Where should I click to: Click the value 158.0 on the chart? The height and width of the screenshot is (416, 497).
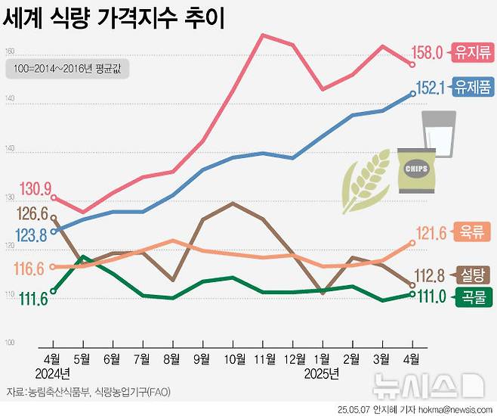[x=431, y=53]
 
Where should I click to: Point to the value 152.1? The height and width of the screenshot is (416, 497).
[x=432, y=88]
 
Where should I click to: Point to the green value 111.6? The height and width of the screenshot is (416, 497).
[x=34, y=300]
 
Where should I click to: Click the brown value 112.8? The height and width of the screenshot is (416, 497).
[x=435, y=275]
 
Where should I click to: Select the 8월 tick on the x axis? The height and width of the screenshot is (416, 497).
[x=172, y=357]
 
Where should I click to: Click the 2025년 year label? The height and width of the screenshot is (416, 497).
[x=321, y=373]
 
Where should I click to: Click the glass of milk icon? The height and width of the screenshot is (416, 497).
[x=438, y=134]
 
